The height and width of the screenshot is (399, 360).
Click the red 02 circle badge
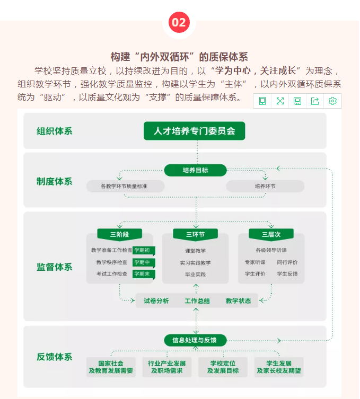[x=179, y=22]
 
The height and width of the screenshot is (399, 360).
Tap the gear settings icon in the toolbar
[x=332, y=101]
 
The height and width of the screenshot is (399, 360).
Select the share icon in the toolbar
[x=315, y=101]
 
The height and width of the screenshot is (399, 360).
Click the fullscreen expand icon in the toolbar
[x=280, y=101]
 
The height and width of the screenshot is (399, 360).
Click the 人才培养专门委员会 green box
[x=194, y=131]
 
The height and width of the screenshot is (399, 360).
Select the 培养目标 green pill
[x=195, y=170]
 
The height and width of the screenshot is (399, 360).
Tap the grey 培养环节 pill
[x=265, y=187]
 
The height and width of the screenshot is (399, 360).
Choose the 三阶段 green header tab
[x=119, y=234]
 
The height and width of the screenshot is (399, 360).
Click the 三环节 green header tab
[x=195, y=234]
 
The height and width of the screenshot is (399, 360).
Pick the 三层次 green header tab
[x=271, y=234]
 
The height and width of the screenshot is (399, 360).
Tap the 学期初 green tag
[x=144, y=251]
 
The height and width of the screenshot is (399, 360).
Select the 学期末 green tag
[x=144, y=274]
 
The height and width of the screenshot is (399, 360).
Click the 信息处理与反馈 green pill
[x=195, y=340]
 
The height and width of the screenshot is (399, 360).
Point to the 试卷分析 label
[x=156, y=301]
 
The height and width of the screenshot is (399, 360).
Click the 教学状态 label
[x=238, y=301]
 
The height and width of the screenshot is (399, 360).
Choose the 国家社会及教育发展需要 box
[x=111, y=367]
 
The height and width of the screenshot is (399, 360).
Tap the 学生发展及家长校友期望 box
[x=279, y=367]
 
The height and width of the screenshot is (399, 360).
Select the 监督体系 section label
[x=55, y=267]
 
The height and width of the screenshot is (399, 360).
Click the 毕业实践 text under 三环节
[x=195, y=274]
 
